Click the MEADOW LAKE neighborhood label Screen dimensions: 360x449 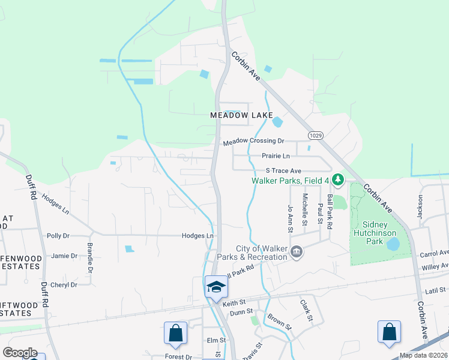241,115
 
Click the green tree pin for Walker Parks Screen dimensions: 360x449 338,179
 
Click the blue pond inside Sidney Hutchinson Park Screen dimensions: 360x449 393,244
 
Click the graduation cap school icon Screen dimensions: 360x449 215,286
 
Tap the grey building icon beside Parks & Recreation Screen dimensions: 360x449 296,253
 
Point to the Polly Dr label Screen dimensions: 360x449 58,236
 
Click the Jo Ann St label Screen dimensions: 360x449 291,218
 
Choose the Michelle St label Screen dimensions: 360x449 305,209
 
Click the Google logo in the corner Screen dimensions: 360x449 20,353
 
